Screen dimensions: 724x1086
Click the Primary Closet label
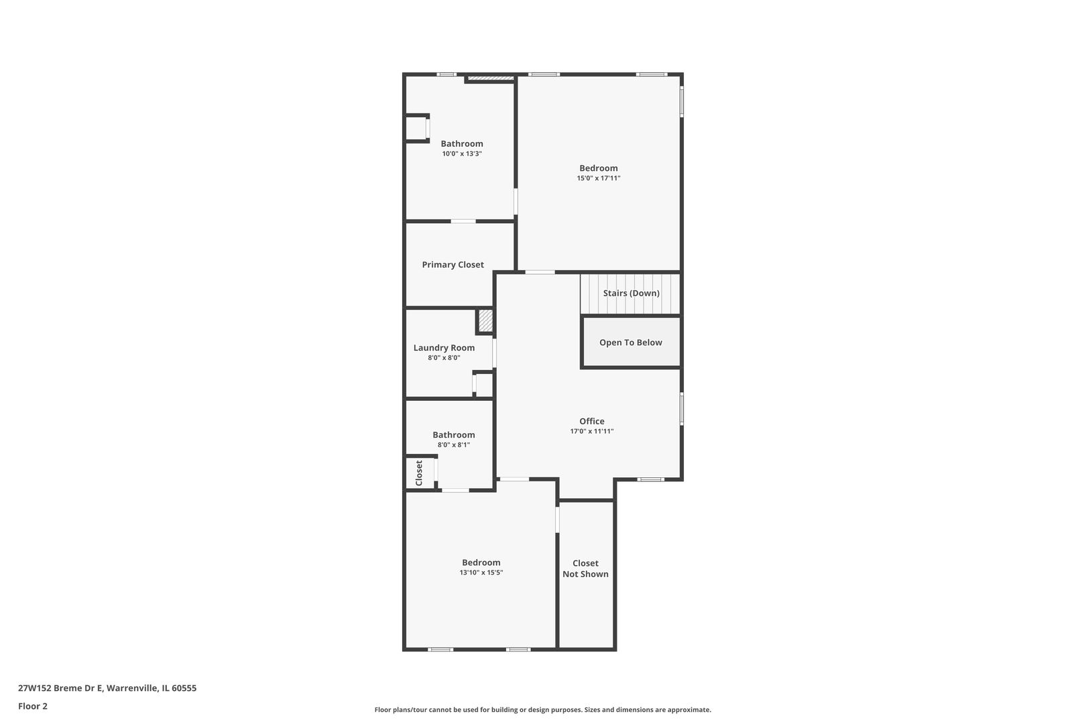452,265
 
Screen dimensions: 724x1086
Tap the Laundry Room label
444,348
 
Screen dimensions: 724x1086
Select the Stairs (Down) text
631,293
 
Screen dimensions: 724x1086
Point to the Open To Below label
630,343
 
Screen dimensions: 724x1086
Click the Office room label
592,422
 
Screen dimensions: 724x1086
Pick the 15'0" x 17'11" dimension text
599,178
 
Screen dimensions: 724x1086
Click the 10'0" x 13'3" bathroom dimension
462,154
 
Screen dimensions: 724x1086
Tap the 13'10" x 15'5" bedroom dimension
481,572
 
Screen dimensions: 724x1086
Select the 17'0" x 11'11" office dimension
592,432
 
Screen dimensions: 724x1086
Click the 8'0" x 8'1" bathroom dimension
454,444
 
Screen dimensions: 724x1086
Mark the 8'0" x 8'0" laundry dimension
444,358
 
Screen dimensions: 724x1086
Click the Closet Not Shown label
585,568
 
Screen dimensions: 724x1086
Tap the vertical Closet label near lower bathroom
419,473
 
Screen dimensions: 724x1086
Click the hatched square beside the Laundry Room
485,320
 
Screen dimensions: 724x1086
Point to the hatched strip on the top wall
490,78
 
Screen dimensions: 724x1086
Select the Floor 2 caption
33,706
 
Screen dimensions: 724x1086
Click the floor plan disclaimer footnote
542,709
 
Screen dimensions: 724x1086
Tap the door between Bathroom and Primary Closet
463,221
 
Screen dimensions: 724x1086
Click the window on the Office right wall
682,408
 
